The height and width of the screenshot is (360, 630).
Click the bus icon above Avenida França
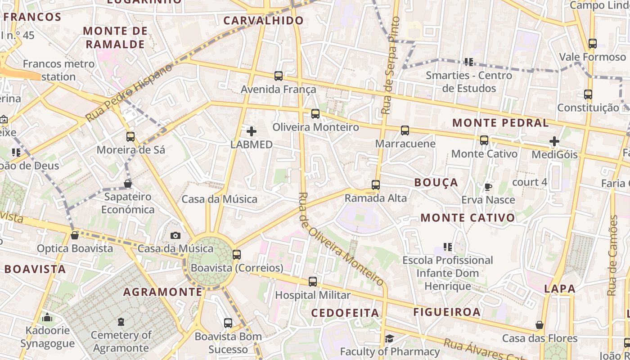coord(279,76)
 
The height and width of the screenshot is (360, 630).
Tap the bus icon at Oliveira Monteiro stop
coord(315,114)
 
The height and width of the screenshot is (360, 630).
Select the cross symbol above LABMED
coord(252,131)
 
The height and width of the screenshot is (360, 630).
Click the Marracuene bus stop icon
coord(405,130)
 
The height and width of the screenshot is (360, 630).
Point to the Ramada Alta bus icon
coord(376,185)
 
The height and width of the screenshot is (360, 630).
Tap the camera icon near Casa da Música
coord(175,235)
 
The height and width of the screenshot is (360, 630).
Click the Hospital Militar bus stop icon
coord(313,282)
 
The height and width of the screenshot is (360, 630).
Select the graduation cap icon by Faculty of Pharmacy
coord(389,338)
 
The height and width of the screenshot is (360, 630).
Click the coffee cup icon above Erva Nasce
coord(488,187)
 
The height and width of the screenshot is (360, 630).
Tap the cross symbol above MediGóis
coord(554,142)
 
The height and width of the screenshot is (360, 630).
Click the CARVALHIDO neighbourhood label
coord(264,21)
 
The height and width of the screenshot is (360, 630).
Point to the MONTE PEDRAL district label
coord(500,123)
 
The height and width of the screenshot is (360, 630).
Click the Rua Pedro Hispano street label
coord(129,92)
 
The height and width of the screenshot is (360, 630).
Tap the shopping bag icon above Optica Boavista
coord(75,235)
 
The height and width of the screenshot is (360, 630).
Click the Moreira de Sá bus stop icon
coord(130,137)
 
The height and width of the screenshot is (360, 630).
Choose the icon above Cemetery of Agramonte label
coord(121,322)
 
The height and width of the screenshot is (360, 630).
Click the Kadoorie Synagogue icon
coord(47,318)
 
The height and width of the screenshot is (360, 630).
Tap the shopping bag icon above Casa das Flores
coord(540,325)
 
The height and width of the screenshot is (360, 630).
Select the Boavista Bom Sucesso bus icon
coord(228,323)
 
